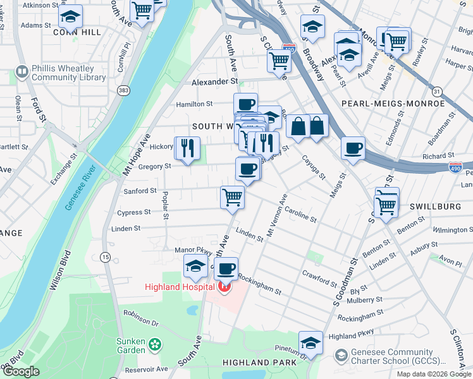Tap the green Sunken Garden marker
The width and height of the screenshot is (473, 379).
[x=156, y=346]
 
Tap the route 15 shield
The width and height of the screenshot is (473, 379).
[x=105, y=257]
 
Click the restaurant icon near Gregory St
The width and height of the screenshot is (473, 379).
[x=187, y=148]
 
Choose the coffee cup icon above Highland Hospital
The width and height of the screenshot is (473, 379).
[x=226, y=269]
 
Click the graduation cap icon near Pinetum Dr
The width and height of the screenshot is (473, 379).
[x=310, y=342]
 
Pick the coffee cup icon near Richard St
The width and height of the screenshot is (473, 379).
[x=353, y=148]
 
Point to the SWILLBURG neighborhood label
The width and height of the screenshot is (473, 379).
[x=432, y=207]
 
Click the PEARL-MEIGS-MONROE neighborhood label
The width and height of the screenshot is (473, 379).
[x=393, y=103]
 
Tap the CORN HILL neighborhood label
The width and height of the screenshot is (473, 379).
[x=77, y=32]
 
